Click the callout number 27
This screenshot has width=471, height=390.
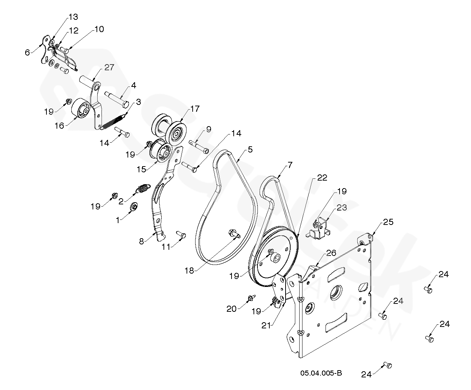click(x=109, y=67)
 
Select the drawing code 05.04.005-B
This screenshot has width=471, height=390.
click(x=321, y=373)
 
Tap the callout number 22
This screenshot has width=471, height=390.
click(x=322, y=178)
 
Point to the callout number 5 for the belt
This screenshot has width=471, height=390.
click(x=250, y=149)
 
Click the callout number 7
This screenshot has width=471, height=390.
click(x=290, y=165)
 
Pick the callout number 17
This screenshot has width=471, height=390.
click(x=194, y=108)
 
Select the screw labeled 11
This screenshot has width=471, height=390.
click(x=181, y=235)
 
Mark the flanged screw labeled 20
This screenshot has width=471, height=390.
click(x=250, y=298)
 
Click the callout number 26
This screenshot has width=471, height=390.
click(x=331, y=253)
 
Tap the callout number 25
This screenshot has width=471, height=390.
click(x=388, y=222)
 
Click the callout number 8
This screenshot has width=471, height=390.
click(x=142, y=241)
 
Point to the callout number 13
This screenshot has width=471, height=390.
click(x=73, y=17)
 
